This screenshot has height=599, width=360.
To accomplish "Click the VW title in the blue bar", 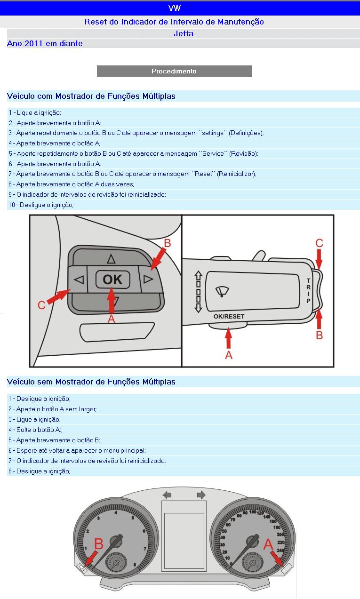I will pos(174,8).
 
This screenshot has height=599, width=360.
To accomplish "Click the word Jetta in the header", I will pos(184,33).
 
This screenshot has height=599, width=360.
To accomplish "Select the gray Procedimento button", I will pos(174,71).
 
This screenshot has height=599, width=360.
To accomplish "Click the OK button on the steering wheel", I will pos(112,280).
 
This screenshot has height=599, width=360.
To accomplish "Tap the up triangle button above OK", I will pos(111,258).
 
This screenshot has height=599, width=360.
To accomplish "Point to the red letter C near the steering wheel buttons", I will pos(41,305).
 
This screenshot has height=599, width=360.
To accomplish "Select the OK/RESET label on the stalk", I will pos(229,316).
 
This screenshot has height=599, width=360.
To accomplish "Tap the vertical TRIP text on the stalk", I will pos(309,290).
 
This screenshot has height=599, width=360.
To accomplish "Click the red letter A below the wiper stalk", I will pos(229,355).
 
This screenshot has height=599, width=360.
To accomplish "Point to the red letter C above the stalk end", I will pos(319,243).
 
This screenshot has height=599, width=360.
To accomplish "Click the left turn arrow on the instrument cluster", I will pos(167,495).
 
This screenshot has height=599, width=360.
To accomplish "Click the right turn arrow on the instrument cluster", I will pos(201,495).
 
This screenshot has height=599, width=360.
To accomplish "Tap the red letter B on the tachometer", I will pos(98,543).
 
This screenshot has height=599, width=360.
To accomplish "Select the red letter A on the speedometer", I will pos(268,544).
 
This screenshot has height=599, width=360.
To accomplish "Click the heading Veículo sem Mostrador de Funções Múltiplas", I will pos(91,382).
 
